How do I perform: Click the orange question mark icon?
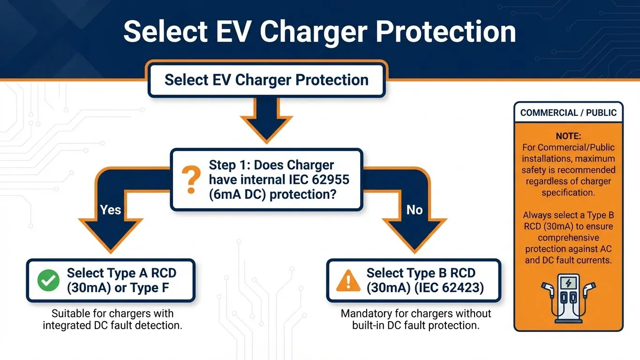pyautogui.click(x=190, y=180)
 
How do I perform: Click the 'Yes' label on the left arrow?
pyautogui.click(x=111, y=210)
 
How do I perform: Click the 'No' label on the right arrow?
pyautogui.click(x=414, y=210)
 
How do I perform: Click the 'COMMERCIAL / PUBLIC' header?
pyautogui.click(x=568, y=112)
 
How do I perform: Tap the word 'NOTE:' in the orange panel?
pyautogui.click(x=568, y=136)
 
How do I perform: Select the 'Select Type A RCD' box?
pyautogui.click(x=111, y=280)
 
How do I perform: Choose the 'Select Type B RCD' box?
pyautogui.click(x=414, y=280)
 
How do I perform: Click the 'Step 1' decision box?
pyautogui.click(x=266, y=180)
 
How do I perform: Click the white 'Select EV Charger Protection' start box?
pyautogui.click(x=266, y=80)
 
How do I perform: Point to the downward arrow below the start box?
pyautogui.click(x=266, y=120)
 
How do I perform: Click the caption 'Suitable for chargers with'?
pyautogui.click(x=113, y=314)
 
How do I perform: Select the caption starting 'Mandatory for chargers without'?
pyautogui.click(x=416, y=314)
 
